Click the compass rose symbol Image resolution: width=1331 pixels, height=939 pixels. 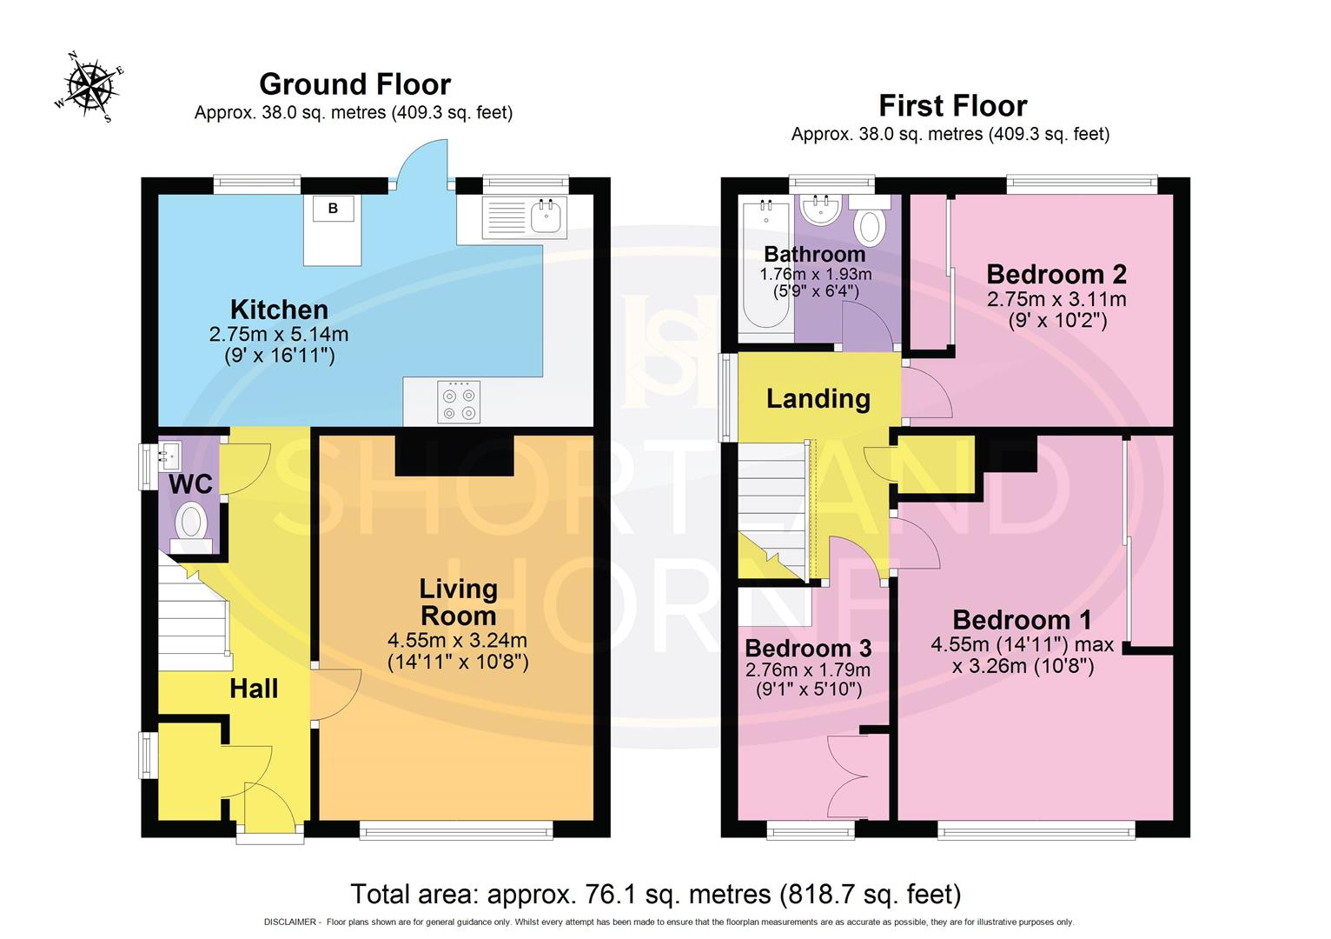89,87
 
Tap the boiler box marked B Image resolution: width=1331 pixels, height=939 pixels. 334,208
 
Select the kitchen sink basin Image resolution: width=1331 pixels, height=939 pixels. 546,216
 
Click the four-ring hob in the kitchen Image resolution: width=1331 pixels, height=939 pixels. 459,402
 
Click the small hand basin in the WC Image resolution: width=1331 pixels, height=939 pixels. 169,456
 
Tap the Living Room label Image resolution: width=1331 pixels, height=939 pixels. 458,602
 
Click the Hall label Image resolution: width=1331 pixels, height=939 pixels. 254,689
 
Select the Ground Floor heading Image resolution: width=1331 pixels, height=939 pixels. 354,83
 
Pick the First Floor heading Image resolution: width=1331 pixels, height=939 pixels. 952,106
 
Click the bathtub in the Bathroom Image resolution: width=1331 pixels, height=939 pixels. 766,264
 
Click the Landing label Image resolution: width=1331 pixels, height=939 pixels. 818,398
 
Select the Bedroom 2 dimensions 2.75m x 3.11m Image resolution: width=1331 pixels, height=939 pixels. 1056,298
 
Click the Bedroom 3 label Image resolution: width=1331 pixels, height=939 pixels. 808,648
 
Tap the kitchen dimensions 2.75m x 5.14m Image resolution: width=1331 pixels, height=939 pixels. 279,334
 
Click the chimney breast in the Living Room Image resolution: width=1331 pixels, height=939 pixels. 454,455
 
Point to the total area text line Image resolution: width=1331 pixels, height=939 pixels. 655,894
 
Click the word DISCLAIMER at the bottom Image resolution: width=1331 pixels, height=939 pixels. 290,922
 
